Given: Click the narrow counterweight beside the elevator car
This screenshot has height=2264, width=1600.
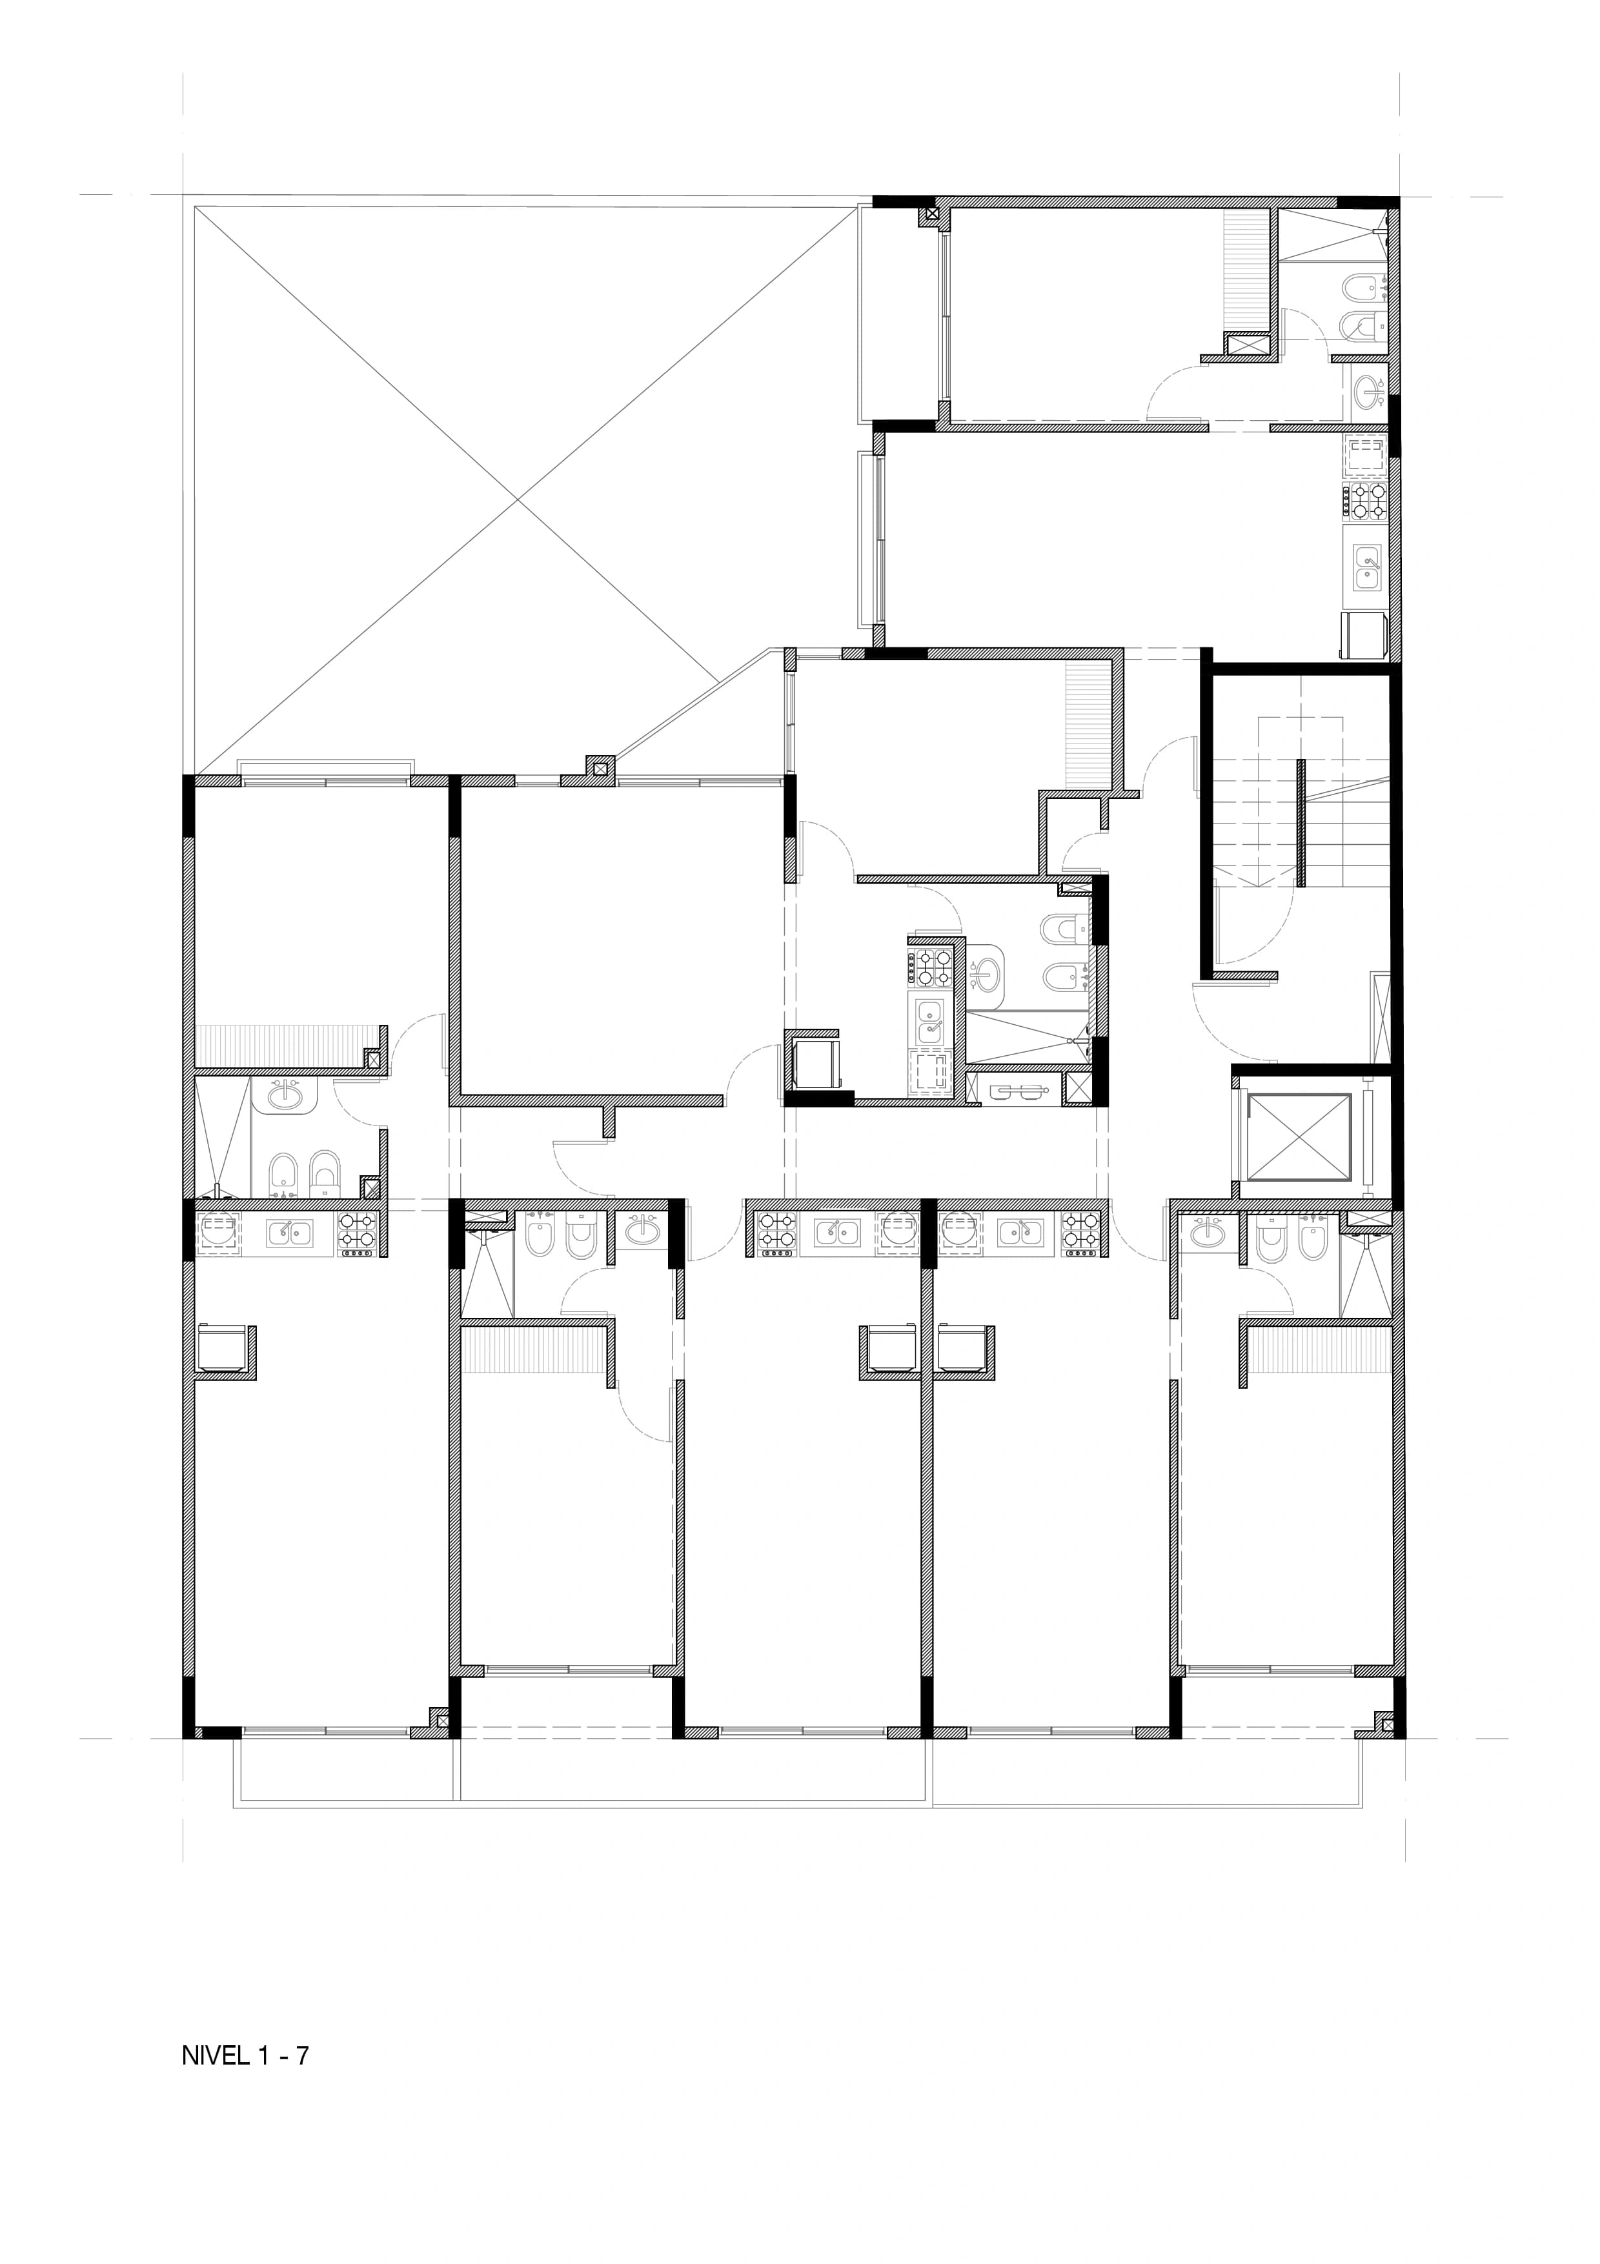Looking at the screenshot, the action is click(1368, 1137).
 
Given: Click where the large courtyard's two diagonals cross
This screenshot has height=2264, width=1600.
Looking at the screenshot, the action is click(520, 499).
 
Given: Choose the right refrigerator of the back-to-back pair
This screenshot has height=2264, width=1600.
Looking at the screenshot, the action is click(963, 1348).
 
